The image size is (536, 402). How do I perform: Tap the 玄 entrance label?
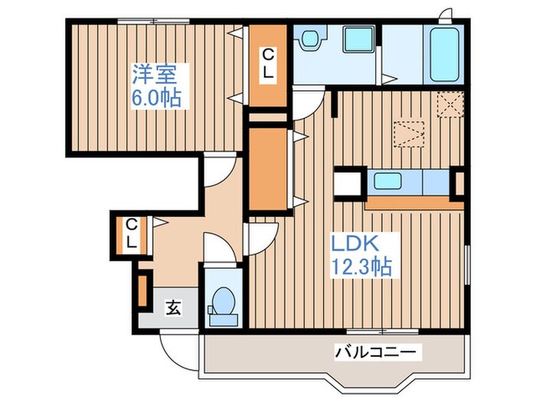pyautogui.click(x=173, y=309)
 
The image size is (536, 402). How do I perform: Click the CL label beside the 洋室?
pyautogui.click(x=270, y=64)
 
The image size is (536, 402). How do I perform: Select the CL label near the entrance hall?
pyautogui.click(x=132, y=234)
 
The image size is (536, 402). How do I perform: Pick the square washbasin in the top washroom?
pyautogui.click(x=355, y=40)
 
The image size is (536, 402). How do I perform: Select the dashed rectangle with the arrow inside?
pyautogui.click(x=408, y=135)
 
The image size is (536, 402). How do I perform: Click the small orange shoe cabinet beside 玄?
pyautogui.click(x=142, y=289)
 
